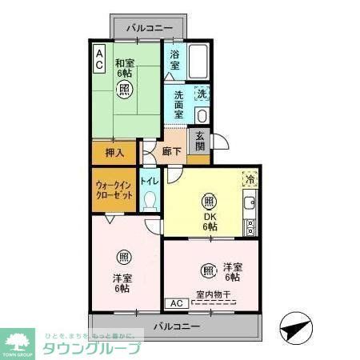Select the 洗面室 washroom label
pyautogui.click(x=176, y=105)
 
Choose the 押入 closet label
pyautogui.click(x=114, y=152)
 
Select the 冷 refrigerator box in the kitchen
pyautogui.click(x=249, y=180)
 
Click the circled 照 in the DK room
pyautogui.click(x=209, y=201)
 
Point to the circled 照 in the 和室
pyautogui.click(x=124, y=89)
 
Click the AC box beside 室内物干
pyautogui.click(x=175, y=303)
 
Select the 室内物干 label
pyautogui.click(x=214, y=295)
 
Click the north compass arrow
pyautogui.click(x=294, y=328)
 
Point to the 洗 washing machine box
pyautogui.click(x=202, y=94)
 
